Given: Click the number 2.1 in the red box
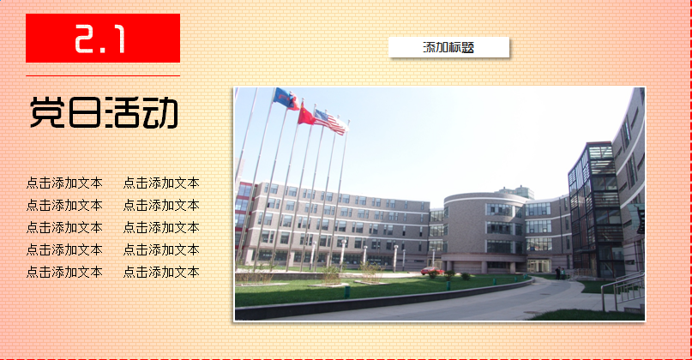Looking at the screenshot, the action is (100, 39).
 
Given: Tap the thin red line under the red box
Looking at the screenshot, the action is (103, 76).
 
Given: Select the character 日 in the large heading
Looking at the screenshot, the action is (84, 112).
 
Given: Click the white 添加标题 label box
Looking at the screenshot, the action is (448, 47).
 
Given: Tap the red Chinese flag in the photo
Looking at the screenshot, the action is (305, 115).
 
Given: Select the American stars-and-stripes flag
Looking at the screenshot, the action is (330, 123).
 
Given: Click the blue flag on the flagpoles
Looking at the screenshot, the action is (285, 99).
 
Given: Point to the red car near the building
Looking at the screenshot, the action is (431, 271).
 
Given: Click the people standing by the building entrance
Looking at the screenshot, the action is (560, 273).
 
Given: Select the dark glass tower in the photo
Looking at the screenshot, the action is (594, 209).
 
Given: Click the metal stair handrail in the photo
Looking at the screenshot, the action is (623, 289).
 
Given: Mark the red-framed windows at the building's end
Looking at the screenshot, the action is (242, 216).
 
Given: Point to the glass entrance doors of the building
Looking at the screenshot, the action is (539, 265).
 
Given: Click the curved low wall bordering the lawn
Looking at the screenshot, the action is (384, 300).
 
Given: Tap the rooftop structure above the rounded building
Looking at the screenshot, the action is (516, 191).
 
